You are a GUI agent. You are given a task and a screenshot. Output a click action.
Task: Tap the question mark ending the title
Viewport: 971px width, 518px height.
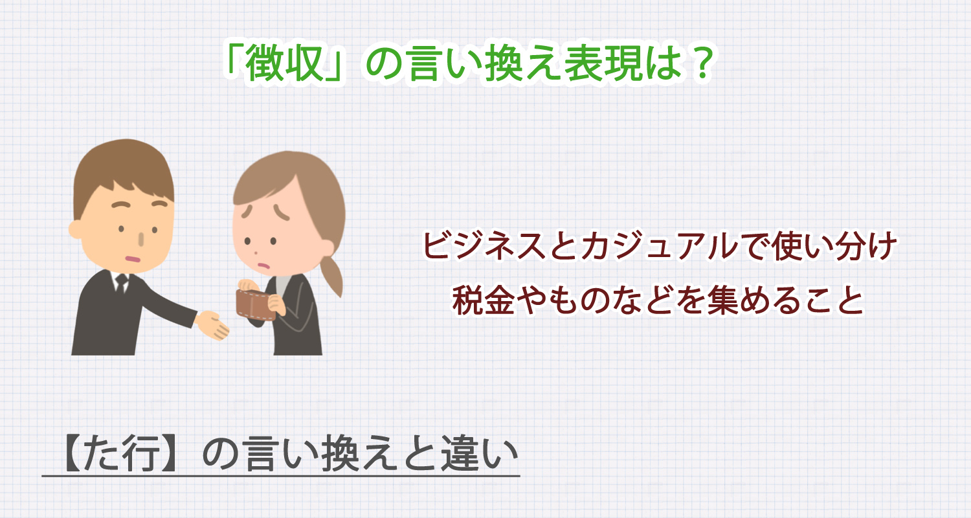click(697, 65)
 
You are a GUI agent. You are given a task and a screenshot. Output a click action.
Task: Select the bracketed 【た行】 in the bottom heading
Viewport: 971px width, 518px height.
click(116, 455)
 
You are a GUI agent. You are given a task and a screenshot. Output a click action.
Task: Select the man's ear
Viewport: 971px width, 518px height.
click(77, 229)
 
